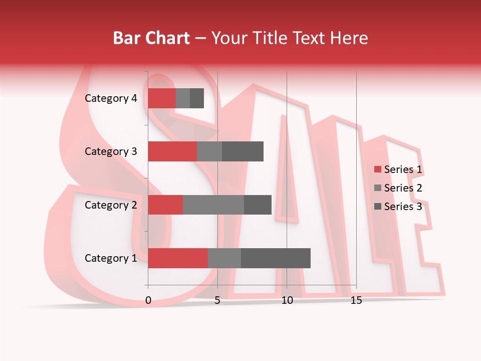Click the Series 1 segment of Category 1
coord(178,258)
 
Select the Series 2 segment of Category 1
coord(224,258)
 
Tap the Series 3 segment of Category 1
coord(276,258)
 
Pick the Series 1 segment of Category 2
coord(165,205)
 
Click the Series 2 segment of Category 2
coord(213,205)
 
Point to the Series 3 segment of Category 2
coord(258,205)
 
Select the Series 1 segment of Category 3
coord(172,151)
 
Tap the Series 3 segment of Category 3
coord(243,151)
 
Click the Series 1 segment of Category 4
coord(162,98)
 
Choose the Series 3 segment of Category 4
coord(197,98)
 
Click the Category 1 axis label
coord(111,258)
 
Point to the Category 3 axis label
coord(111,151)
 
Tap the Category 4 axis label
coord(111,98)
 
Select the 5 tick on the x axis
coord(217,301)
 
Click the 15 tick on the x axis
coord(356,301)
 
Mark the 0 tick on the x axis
coord(148,301)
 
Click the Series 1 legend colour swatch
coord(377,169)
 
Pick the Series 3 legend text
coord(403,207)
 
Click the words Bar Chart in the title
coord(151,38)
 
